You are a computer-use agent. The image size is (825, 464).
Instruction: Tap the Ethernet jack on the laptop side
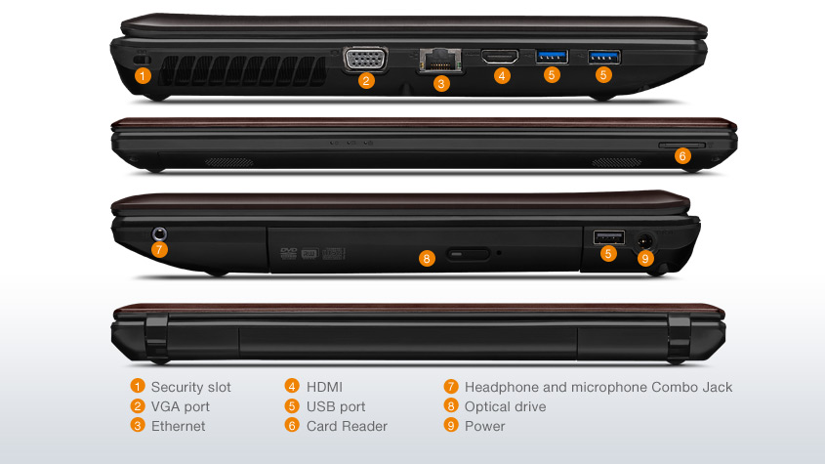click(x=440, y=60)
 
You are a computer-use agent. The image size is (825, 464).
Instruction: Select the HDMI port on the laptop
click(x=500, y=57)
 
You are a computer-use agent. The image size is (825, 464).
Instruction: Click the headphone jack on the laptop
click(x=159, y=233)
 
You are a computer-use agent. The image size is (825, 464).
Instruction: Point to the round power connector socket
click(x=645, y=240)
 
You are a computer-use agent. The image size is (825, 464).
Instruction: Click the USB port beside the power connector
click(x=609, y=237)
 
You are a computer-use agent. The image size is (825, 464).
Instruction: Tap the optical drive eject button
click(x=468, y=254)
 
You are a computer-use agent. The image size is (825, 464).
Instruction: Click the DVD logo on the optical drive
click(x=289, y=253)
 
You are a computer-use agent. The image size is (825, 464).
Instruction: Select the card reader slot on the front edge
click(x=681, y=145)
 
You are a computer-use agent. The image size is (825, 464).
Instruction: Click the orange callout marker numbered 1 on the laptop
click(x=143, y=75)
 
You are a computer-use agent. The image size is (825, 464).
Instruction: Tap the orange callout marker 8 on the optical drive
click(x=427, y=258)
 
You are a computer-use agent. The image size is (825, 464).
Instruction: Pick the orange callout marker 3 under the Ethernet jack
click(x=441, y=83)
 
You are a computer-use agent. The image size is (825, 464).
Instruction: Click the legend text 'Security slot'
click(x=191, y=387)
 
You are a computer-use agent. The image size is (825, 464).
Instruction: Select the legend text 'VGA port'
click(x=181, y=406)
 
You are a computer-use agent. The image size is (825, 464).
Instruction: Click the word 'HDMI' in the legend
click(x=324, y=387)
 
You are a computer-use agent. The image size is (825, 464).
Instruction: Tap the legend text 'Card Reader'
click(x=347, y=426)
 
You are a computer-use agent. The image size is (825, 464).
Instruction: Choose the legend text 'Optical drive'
click(x=505, y=406)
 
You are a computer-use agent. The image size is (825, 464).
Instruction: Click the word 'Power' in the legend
click(x=484, y=426)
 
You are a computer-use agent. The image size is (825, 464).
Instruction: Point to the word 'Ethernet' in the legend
click(x=179, y=426)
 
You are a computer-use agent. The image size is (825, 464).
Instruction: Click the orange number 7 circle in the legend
click(x=451, y=387)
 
